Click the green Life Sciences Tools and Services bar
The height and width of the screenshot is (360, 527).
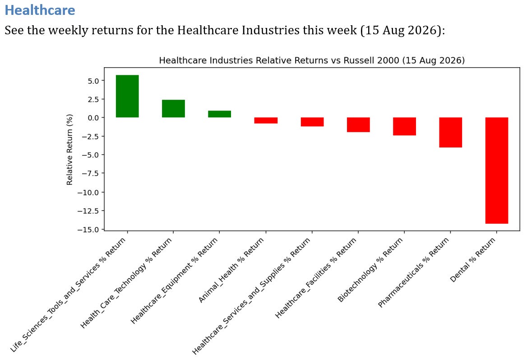click(x=127, y=96)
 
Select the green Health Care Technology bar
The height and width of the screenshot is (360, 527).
click(x=173, y=109)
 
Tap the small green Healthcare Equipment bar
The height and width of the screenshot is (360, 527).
click(x=219, y=114)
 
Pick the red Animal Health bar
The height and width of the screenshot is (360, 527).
click(x=266, y=120)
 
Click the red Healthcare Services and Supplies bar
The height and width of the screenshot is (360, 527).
click(x=312, y=122)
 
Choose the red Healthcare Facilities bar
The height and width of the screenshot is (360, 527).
click(x=358, y=125)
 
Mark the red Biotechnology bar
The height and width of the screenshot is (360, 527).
click(x=404, y=126)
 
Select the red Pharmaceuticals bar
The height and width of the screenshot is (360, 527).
click(x=450, y=133)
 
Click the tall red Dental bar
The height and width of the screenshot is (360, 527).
click(x=497, y=171)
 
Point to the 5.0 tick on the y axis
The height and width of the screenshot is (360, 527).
click(x=93, y=81)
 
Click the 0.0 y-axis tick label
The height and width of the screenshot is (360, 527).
click(x=93, y=118)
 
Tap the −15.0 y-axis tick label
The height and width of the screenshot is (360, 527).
click(x=88, y=230)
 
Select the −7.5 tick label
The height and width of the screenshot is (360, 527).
click(x=91, y=173)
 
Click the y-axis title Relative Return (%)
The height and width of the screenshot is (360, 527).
click(x=69, y=150)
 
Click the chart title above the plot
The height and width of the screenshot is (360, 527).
click(x=312, y=60)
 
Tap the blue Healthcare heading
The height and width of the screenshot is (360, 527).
click(x=40, y=10)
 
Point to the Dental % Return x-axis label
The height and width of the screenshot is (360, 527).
click(x=472, y=260)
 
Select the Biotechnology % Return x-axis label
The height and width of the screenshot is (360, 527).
click(x=370, y=270)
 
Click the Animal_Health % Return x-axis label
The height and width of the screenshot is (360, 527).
click(x=231, y=270)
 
